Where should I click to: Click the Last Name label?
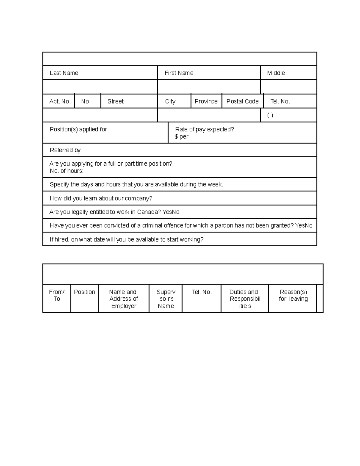(x=64, y=73)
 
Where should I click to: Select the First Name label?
(x=179, y=73)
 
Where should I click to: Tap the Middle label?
(x=276, y=73)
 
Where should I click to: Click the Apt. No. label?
(x=60, y=101)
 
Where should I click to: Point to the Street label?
(x=115, y=101)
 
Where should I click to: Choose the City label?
(x=170, y=101)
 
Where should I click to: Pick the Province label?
(x=206, y=101)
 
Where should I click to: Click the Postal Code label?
(x=242, y=101)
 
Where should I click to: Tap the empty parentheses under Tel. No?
(x=270, y=116)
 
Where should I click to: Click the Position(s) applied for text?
(x=78, y=129)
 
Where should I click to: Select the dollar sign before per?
(x=176, y=137)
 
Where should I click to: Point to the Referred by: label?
(x=66, y=150)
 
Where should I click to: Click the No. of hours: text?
(x=66, y=171)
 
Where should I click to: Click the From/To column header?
(x=57, y=295)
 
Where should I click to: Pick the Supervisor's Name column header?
(x=166, y=299)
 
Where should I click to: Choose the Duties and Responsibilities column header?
(x=245, y=299)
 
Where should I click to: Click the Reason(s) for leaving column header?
(x=293, y=295)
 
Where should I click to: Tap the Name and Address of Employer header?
(x=123, y=299)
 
